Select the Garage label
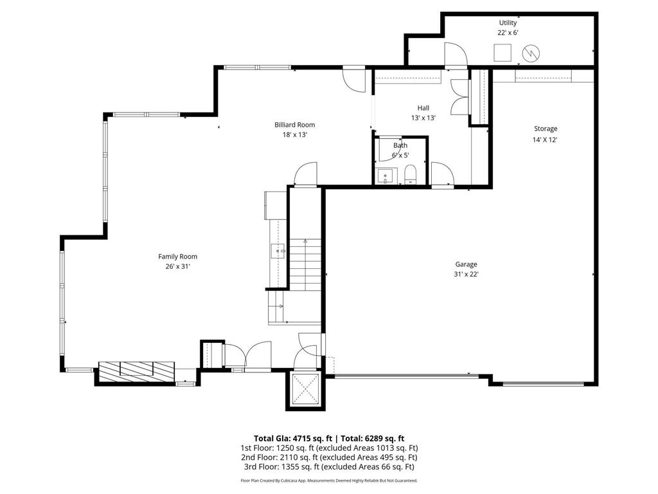coord(466,264)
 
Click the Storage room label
coord(545,129)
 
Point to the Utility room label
coord(508,23)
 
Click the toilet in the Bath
coord(411,174)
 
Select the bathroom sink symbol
coord(384,175)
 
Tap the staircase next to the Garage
coord(303,263)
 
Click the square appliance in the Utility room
coord(502,52)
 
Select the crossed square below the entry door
coord(305,389)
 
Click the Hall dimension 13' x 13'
coord(423,118)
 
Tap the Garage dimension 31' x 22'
coord(466,274)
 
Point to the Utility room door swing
coord(456,54)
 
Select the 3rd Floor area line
coord(329,467)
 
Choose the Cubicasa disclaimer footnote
coord(329,480)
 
